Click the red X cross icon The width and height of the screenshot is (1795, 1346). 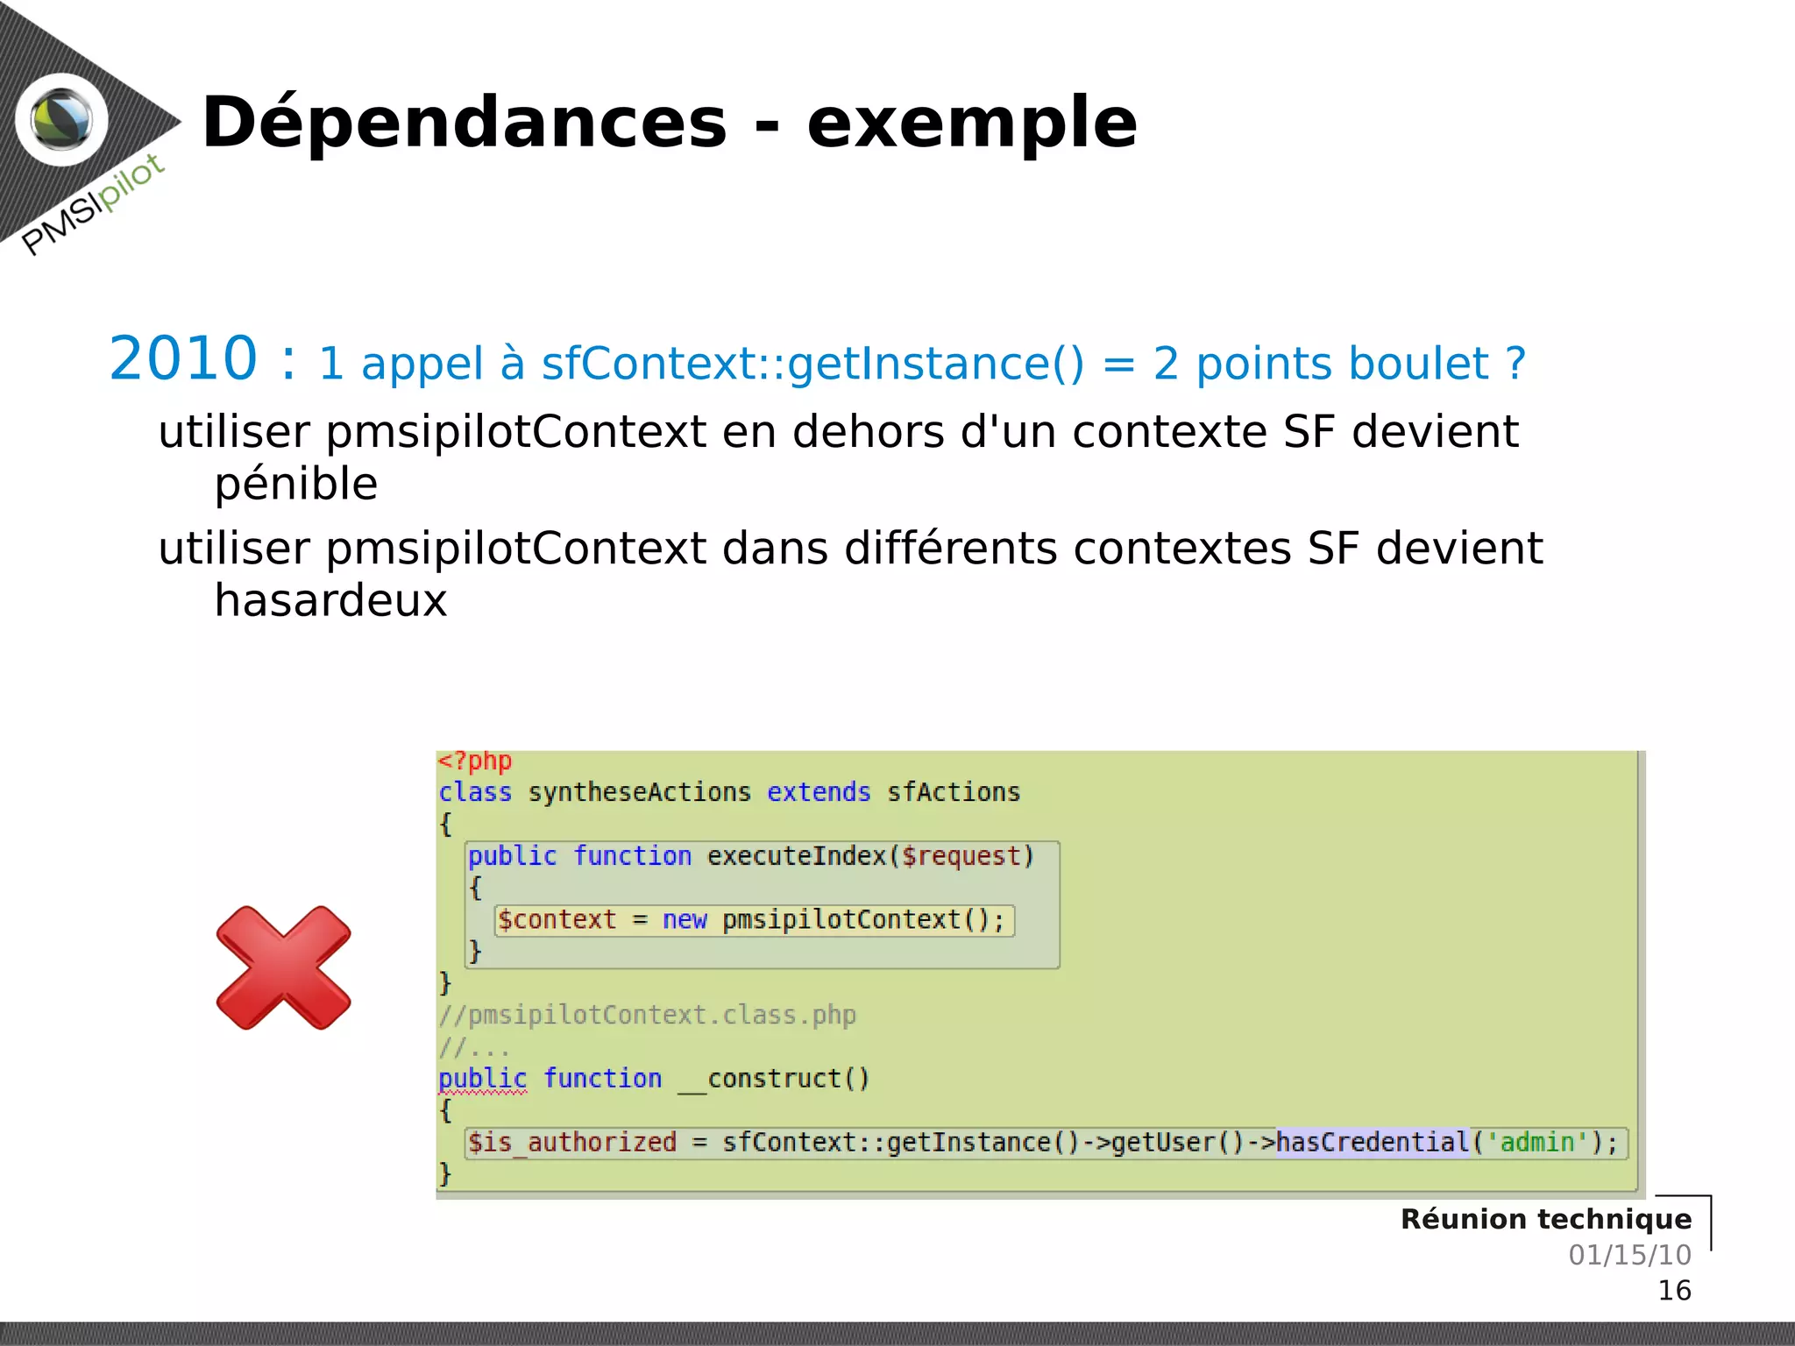tap(283, 967)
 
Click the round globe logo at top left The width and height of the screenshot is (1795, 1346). tap(61, 120)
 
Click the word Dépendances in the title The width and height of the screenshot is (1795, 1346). tap(465, 123)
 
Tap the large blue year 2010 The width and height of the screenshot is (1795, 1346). tap(183, 358)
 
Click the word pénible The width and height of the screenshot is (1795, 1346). tap(296, 484)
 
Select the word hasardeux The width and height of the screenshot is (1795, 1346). tap(330, 600)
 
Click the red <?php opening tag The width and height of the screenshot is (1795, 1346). tap(474, 761)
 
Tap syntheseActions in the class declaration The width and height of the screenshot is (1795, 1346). tap(639, 792)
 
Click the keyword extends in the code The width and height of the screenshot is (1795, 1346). tap(819, 792)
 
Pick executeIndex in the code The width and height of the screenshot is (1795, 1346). tap(798, 856)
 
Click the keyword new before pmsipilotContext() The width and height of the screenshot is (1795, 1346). tap(684, 920)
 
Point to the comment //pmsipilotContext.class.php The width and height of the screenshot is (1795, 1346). tap(647, 1015)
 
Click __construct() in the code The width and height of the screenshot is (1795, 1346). tap(774, 1079)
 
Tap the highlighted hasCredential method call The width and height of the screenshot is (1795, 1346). tap(1372, 1143)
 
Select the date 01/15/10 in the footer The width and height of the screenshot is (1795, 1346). tap(1629, 1255)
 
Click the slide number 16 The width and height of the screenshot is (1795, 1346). tap(1673, 1291)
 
